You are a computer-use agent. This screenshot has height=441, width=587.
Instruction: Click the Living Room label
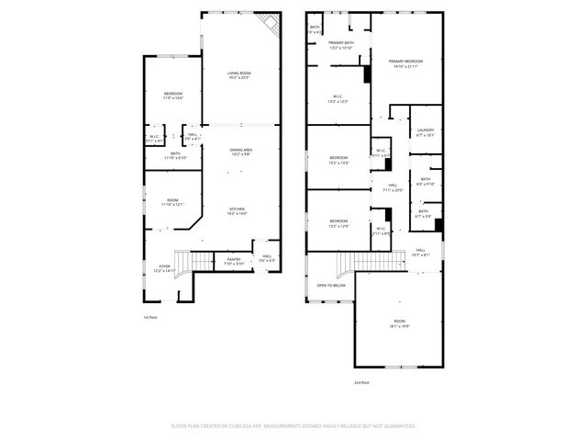click(239, 75)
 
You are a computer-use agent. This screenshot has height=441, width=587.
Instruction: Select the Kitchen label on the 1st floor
click(237, 211)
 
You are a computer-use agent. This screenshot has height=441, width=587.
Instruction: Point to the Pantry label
click(234, 262)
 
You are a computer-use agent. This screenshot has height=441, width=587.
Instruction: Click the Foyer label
click(164, 268)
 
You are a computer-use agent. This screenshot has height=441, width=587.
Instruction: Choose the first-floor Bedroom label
click(172, 96)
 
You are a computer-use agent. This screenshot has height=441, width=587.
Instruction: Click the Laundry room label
click(425, 132)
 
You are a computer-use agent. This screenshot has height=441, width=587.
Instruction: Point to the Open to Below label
click(331, 285)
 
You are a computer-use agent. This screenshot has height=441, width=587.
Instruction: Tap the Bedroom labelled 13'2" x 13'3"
click(338, 160)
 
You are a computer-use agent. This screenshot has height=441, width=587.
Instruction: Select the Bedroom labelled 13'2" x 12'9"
click(338, 223)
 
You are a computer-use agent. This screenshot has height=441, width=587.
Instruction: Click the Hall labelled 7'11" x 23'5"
click(392, 187)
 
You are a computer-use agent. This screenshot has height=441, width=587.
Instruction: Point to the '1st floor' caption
click(150, 317)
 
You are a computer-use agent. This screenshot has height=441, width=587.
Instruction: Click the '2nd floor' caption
click(362, 382)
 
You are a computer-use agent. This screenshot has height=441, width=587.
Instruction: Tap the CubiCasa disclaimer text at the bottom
click(293, 425)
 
